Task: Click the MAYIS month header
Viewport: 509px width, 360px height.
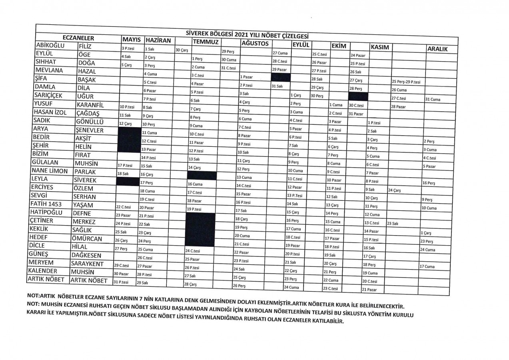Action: click(131, 40)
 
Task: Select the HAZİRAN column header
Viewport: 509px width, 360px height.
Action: click(158, 40)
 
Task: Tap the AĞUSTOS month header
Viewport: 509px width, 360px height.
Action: click(254, 43)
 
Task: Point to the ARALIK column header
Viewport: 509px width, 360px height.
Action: click(437, 49)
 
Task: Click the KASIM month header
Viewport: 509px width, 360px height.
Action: click(380, 47)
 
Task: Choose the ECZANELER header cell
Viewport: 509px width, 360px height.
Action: click(78, 38)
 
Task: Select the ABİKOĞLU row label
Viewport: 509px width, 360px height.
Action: click(50, 45)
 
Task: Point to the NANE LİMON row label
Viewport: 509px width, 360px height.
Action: click(48, 171)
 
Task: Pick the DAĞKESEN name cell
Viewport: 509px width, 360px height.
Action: click(86, 255)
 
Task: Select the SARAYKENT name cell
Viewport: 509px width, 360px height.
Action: click(88, 264)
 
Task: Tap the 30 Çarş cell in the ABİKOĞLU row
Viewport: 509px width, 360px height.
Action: click(181, 50)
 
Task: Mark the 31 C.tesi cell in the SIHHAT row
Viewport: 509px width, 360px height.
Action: click(228, 68)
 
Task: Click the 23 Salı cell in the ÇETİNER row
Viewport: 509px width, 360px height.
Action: click(392, 224)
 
